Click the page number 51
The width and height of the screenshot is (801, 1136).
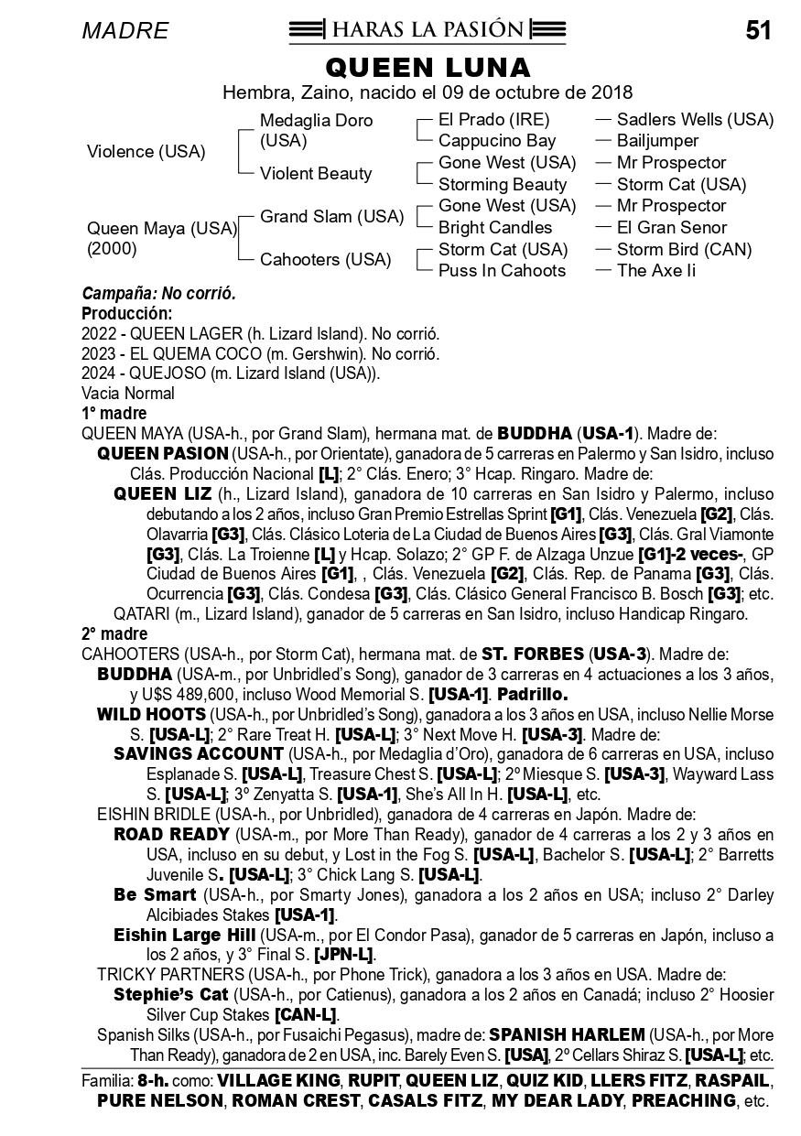[x=758, y=31]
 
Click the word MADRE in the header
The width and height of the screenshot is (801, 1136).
[x=125, y=31]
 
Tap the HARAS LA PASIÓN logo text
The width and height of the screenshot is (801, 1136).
[x=428, y=30]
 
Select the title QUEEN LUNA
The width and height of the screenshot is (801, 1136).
[x=428, y=68]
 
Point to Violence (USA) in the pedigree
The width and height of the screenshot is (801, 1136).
[x=146, y=152]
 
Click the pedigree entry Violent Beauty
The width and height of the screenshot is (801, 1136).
[x=316, y=173]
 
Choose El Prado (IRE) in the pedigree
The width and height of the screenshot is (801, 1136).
[x=494, y=120]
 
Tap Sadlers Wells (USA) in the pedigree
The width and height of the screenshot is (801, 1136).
[x=695, y=120]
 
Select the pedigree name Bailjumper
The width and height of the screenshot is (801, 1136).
[x=657, y=141]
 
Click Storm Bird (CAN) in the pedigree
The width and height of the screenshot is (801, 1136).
[x=684, y=249]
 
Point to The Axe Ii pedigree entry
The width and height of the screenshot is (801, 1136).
[x=655, y=270]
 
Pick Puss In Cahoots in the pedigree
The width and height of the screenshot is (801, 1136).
[x=502, y=270]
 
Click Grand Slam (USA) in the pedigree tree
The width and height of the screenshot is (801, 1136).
[x=331, y=217]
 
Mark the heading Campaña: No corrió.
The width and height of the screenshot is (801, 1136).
[x=159, y=294]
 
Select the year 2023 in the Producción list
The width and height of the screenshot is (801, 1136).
[x=98, y=353]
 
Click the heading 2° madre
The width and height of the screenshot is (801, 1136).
[x=114, y=633]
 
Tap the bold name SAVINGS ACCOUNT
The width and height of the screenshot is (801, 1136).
[x=198, y=754]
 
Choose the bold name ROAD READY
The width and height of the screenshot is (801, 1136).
[x=171, y=835]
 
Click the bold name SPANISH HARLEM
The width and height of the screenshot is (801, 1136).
[x=567, y=1034]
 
